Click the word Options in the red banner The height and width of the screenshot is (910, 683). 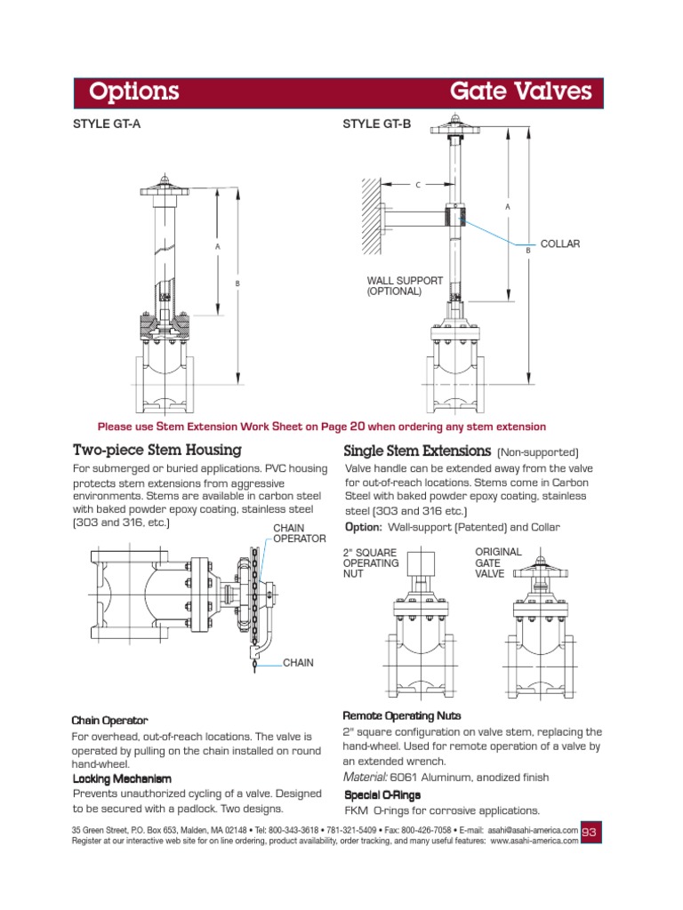pyautogui.click(x=134, y=92)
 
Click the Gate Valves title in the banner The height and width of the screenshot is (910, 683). pyautogui.click(x=520, y=92)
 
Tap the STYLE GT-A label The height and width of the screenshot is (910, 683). pyautogui.click(x=106, y=124)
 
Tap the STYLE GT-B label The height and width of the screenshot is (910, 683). pyautogui.click(x=377, y=124)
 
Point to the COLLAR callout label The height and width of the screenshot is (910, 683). pyautogui.click(x=560, y=243)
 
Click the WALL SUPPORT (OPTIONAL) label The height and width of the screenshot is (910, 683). pyautogui.click(x=405, y=285)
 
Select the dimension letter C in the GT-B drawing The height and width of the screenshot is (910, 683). pyautogui.click(x=417, y=185)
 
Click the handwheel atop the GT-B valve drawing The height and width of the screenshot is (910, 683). pyautogui.click(x=454, y=134)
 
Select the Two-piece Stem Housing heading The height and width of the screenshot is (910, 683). pyautogui.click(x=157, y=451)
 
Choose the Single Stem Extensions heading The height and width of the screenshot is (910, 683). pyautogui.click(x=417, y=451)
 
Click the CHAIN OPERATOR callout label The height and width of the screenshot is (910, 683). pyautogui.click(x=293, y=533)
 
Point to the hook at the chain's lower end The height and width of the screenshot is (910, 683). pyautogui.click(x=256, y=659)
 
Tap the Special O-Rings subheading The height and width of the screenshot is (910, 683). pyautogui.click(x=382, y=794)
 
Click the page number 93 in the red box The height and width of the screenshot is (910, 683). pyautogui.click(x=591, y=832)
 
